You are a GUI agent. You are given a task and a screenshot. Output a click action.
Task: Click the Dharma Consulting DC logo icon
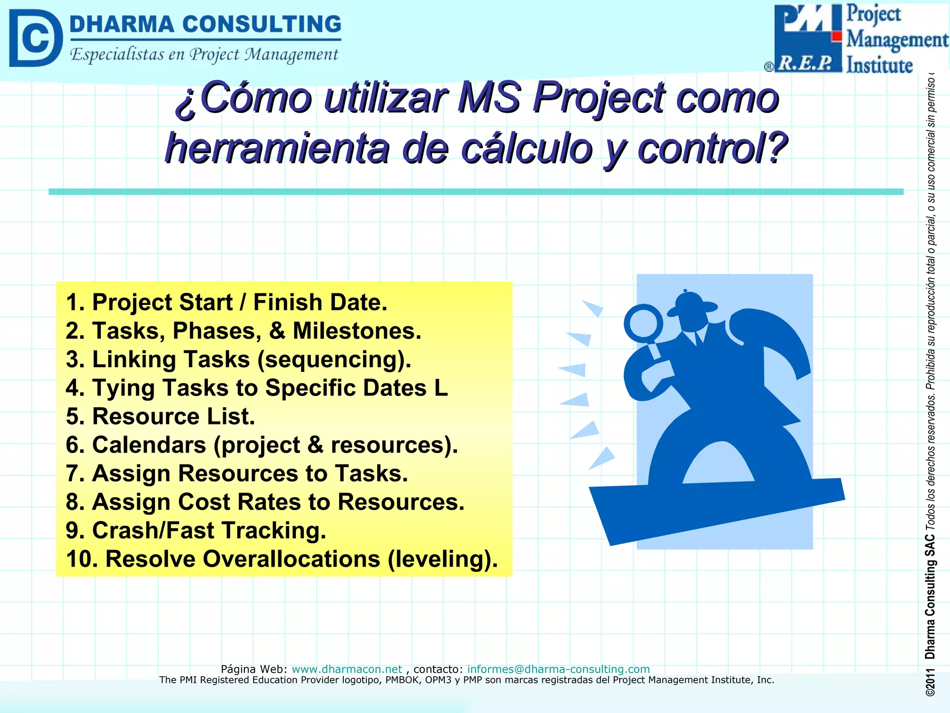tap(35, 38)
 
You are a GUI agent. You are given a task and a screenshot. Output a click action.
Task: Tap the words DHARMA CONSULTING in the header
tap(205, 24)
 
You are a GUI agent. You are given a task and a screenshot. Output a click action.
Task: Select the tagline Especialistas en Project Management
tap(204, 55)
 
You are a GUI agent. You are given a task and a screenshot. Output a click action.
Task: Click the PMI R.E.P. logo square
tap(807, 38)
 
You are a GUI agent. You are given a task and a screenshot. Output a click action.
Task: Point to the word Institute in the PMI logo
tap(879, 65)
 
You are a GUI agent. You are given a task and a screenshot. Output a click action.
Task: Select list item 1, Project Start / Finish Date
tap(226, 302)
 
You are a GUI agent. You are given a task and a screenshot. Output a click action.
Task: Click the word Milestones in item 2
tap(357, 331)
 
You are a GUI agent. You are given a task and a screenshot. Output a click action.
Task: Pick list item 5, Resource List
tap(160, 416)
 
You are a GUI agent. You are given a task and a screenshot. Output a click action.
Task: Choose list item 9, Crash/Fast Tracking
tap(196, 530)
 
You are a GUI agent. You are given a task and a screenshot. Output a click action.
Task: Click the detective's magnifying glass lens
tap(643, 324)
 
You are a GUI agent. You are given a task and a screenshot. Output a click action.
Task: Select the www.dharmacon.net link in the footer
tap(347, 669)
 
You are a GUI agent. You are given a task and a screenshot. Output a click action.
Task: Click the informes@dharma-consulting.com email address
tap(558, 669)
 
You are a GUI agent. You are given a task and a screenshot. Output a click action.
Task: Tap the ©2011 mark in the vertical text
tap(930, 682)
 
